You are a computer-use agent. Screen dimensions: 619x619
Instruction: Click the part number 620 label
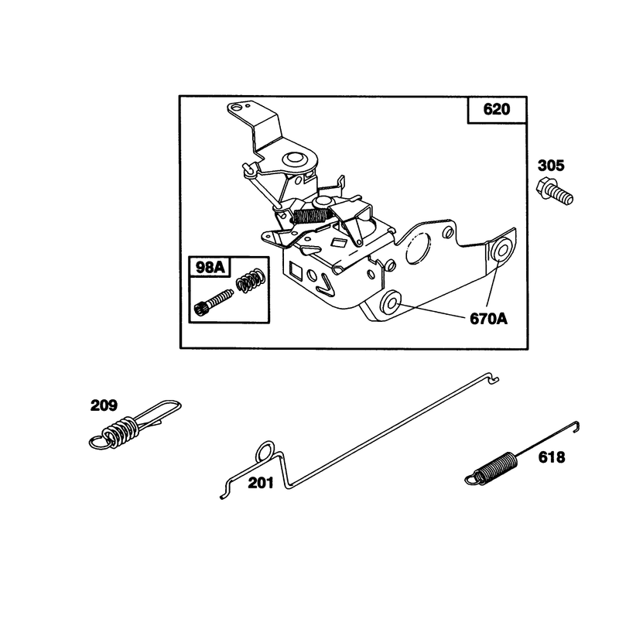point(496,109)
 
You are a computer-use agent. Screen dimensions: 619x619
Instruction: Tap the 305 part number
point(551,166)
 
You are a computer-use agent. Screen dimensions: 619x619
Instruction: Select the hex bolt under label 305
point(555,192)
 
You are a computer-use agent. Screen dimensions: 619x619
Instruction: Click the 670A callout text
point(488,319)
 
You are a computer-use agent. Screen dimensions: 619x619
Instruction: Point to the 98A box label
point(210,268)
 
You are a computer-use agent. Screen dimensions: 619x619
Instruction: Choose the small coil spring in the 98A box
point(250,280)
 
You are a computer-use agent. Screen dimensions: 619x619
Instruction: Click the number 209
point(104,405)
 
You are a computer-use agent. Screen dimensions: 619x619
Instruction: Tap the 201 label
point(261,483)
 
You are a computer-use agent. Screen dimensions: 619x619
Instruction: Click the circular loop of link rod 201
point(265,451)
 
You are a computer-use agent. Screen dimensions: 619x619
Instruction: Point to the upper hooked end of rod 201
point(493,378)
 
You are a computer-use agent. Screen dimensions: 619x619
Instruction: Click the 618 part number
point(552,457)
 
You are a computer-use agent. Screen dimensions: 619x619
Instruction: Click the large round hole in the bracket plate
point(418,248)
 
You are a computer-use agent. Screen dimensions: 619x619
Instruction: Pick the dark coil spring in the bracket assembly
point(311,216)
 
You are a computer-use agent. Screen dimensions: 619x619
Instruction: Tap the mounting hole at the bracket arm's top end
point(236,108)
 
